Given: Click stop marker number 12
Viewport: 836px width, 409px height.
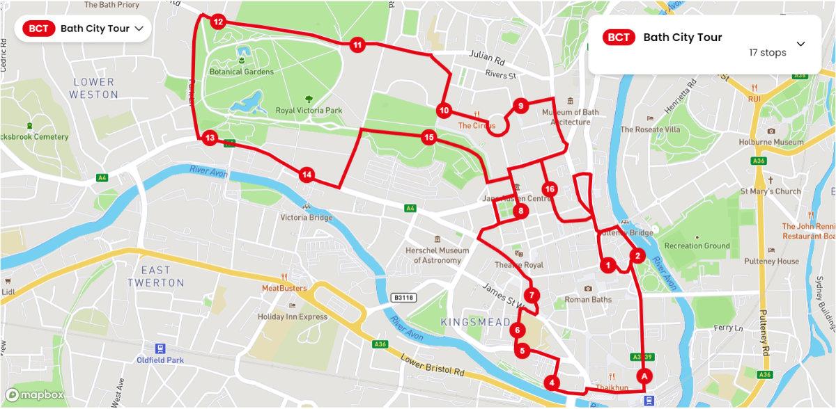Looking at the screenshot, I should point(218,22).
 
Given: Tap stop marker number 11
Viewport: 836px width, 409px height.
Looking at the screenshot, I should point(357,45).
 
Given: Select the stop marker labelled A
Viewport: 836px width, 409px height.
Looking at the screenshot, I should point(644,376).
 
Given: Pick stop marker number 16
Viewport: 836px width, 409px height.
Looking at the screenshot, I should point(550,189).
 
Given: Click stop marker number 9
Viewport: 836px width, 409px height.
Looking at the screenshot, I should point(519,106).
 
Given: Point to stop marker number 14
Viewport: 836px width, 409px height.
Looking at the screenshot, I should point(307,175).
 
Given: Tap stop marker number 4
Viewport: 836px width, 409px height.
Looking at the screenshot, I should point(552,383).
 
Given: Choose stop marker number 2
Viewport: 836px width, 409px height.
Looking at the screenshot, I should point(637,256).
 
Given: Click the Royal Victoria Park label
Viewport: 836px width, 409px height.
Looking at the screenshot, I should point(309,111).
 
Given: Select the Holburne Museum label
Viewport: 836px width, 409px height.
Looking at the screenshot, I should point(771,142).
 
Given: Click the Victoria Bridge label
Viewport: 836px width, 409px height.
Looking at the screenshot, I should point(307,217).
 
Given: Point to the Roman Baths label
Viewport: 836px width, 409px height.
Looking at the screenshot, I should point(588,300).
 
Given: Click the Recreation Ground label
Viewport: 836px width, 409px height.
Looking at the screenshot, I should point(697,246).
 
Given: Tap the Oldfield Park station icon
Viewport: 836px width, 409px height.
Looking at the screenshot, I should point(161,348).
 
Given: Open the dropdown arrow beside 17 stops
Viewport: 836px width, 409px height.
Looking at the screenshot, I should point(800,44).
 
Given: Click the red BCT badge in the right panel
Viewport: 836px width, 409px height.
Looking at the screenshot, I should point(619,38).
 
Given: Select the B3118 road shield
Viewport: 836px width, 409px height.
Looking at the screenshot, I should point(402,297).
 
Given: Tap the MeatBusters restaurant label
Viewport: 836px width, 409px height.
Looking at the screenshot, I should point(284,288).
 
